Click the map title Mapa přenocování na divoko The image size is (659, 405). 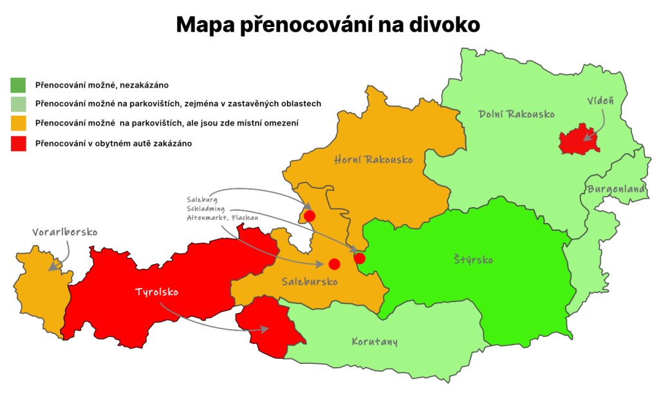click(328, 25)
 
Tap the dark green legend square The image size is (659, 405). click(18, 84)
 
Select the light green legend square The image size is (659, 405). click(18, 104)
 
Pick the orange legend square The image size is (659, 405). click(18, 123)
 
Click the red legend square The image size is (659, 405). click(18, 144)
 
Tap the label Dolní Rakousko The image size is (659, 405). click(516, 114)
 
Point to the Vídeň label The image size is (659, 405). click(600, 102)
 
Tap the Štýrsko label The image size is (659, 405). click(472, 260)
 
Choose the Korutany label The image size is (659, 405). click(374, 341)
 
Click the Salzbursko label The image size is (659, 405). click(310, 282)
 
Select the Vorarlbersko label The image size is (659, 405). click(65, 232)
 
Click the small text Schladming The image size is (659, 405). click(207, 210)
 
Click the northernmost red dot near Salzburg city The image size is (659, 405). click(310, 216)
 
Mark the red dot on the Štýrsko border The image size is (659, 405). click(360, 258)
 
